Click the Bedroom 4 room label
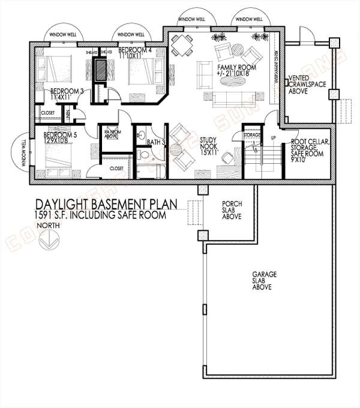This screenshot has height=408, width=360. [x=134, y=52]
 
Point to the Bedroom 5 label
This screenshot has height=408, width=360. [x=59, y=139]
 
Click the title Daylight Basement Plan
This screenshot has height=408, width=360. [x=106, y=205]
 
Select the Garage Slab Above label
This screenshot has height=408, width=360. [x=264, y=280]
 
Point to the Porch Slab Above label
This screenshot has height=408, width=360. [x=232, y=210]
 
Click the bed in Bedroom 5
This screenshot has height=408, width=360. [x=58, y=159]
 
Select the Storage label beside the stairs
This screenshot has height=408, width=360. [x=252, y=135]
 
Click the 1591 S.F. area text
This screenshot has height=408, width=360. [x=100, y=215]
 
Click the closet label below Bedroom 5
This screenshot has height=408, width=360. [x=116, y=169]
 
